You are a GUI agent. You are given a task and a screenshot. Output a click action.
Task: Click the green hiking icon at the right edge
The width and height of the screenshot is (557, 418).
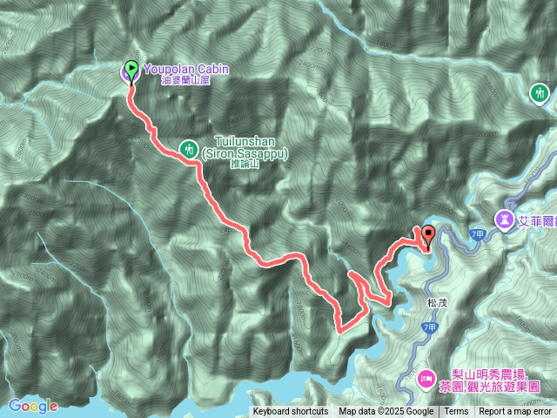click(x=540, y=91)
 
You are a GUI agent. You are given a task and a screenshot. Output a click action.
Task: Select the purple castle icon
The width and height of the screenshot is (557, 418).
click(x=505, y=217)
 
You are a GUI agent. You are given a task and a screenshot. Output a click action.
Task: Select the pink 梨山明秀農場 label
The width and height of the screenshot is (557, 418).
click(x=489, y=371)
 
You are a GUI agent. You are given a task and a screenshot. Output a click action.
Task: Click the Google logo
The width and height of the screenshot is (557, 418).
click(x=32, y=406)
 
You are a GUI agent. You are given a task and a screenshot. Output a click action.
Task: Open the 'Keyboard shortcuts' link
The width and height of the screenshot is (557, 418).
click(x=291, y=412)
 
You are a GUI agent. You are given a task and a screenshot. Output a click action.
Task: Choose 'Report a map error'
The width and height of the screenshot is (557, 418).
click(x=517, y=412)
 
